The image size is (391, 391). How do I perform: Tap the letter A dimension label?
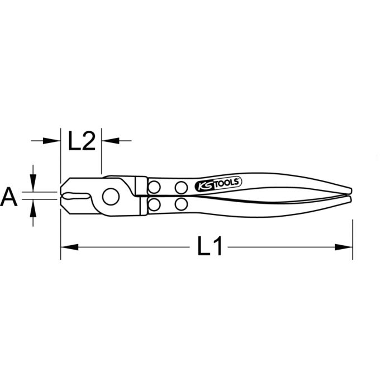pos(10,197)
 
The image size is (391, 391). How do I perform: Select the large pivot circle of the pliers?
pos(112,195)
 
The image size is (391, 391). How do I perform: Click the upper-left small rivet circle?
pos(155,185)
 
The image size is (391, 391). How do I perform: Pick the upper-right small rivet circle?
pos(180,186)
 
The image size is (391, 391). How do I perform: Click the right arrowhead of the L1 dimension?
pos(346,246)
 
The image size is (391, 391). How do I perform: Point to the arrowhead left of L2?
pos(54,141)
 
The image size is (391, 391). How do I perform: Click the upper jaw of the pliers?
pos(78,185)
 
